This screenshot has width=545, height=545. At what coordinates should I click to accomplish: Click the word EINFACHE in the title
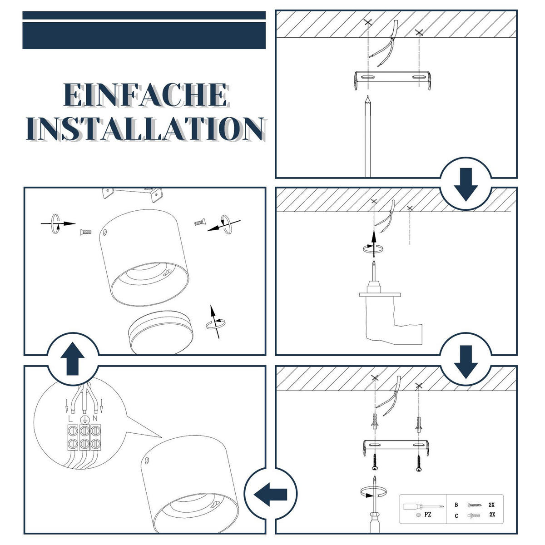pyautogui.click(x=146, y=95)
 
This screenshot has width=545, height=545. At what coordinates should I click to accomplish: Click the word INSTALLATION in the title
pyautogui.click(x=146, y=129)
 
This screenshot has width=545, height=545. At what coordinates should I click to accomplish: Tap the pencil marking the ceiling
pyautogui.click(x=368, y=137)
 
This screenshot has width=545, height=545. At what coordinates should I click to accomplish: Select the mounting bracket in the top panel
pyautogui.click(x=393, y=80)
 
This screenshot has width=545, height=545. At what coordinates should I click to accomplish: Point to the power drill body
pyautogui.click(x=390, y=316)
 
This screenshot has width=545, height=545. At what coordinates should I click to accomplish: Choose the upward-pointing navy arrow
pyautogui.click(x=73, y=359)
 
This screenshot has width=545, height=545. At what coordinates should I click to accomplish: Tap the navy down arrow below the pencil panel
pyautogui.click(x=466, y=184)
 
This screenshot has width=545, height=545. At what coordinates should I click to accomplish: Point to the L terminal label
pyautogui.click(x=70, y=419)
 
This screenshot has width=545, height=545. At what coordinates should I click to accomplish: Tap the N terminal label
pyautogui.click(x=95, y=418)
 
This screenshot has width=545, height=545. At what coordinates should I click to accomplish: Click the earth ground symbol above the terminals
pyautogui.click(x=84, y=420)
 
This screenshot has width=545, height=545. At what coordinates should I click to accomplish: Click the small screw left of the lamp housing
pyautogui.click(x=86, y=232)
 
